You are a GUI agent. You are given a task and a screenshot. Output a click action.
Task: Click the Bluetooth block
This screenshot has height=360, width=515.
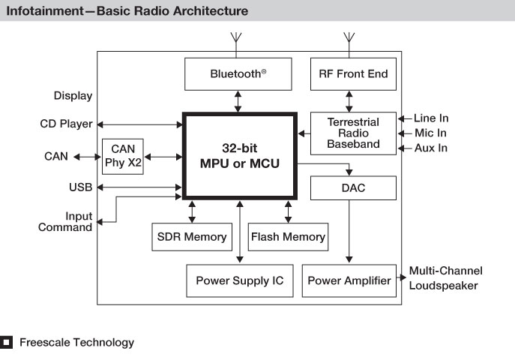tap(238, 74)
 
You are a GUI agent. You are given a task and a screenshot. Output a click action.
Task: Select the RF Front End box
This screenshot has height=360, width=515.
tap(353, 74)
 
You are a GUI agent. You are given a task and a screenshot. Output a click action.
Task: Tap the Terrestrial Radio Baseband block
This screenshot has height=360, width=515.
tap(353, 133)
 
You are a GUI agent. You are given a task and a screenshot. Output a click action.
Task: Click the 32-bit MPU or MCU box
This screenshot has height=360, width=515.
tap(240, 156)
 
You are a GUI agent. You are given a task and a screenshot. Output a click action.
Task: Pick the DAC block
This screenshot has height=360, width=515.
tap(353, 188)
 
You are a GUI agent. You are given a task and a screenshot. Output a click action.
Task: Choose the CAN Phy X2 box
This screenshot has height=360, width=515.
tap(123, 156)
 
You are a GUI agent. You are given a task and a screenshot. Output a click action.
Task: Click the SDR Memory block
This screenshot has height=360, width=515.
tap(192, 237)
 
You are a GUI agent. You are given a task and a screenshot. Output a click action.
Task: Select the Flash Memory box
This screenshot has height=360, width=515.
tap(288, 237)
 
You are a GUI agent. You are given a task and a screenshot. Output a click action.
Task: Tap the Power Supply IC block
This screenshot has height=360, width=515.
tap(240, 280)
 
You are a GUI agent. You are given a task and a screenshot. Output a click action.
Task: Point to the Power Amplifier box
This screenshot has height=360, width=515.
tap(349, 280)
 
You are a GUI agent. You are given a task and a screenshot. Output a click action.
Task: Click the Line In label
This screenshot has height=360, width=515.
tap(431, 118)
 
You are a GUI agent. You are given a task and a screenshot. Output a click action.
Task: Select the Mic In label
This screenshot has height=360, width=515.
tap(430, 133)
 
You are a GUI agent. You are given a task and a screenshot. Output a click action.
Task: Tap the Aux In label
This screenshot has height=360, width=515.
tap(430, 148)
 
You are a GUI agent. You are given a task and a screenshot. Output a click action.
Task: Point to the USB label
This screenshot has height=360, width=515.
tap(80, 187)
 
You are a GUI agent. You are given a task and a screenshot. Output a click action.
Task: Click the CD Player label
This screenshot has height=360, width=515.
tap(66, 124)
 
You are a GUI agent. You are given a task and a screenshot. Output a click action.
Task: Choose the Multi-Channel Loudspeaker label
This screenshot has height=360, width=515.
tap(446, 278)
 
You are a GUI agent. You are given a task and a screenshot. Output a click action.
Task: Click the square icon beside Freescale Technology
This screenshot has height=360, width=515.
tap(6, 342)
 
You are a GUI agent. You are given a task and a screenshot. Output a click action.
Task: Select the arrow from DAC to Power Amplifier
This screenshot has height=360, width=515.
tap(349, 231)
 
